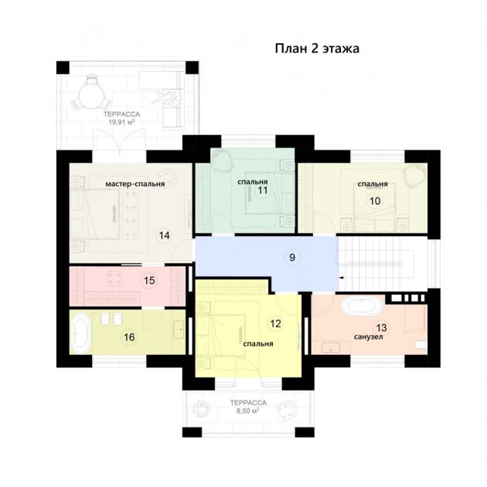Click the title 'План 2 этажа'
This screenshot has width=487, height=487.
(317, 49)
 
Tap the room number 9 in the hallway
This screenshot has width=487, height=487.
(292, 257)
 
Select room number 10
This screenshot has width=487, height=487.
(375, 201)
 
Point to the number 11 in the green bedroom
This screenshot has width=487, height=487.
(263, 190)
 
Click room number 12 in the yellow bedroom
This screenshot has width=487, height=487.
(275, 323)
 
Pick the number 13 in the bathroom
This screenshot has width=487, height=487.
(381, 328)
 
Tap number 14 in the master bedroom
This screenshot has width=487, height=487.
(164, 235)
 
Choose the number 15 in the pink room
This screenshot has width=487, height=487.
(149, 280)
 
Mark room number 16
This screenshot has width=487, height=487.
(129, 337)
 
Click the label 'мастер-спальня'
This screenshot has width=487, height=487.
(135, 184)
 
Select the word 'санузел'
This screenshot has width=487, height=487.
(368, 337)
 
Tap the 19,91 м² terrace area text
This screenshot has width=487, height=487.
(121, 123)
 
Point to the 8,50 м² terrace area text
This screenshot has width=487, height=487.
(247, 411)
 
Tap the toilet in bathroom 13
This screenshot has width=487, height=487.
(421, 345)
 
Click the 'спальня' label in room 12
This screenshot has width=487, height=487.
(258, 343)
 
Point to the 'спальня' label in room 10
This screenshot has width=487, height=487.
(373, 184)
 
